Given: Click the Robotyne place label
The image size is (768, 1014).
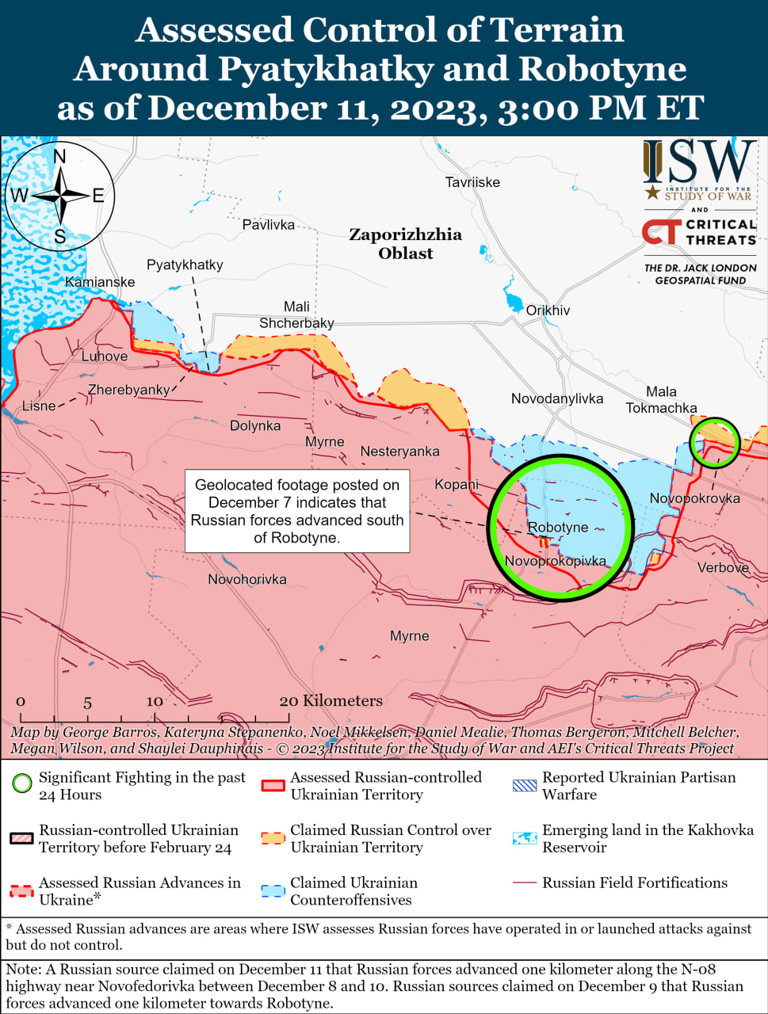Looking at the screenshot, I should tap(558, 528).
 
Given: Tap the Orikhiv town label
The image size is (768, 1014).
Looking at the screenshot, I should tap(548, 311).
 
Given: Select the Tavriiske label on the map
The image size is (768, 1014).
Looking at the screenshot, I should tap(472, 182).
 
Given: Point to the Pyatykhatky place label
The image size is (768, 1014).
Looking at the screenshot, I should tap(185, 265).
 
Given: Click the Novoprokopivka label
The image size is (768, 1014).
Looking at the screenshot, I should tap(555, 561).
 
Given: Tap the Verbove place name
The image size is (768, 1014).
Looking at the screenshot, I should tap(723, 567).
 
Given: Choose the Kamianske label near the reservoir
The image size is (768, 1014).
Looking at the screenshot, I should tap(100, 282).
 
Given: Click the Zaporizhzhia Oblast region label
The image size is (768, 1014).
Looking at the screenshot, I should tap(406, 244).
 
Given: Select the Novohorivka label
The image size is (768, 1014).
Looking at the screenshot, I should tap(247, 580).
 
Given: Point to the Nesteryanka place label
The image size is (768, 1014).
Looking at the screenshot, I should tap(399, 452).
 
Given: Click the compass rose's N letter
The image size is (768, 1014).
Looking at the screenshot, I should tap(59, 157).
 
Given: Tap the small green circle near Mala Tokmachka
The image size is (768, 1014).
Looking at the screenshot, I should tap(714, 440).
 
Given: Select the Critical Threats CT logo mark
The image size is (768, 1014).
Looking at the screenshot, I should tap(661, 231).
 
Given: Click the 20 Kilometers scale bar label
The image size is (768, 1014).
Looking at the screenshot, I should tap(331, 701).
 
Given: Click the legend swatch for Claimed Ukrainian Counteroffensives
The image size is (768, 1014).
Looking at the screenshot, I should tap(273, 890).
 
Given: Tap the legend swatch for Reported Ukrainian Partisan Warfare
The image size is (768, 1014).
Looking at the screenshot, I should tap(525, 785).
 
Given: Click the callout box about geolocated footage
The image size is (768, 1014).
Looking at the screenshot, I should tap(297, 511).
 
